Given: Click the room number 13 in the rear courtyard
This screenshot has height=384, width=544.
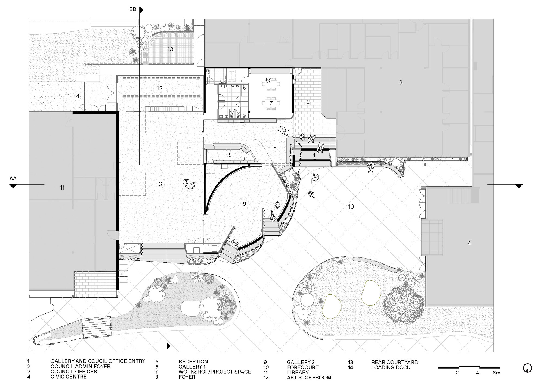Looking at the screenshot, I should tap(170, 49).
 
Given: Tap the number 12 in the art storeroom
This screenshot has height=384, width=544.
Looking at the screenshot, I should tap(159, 88).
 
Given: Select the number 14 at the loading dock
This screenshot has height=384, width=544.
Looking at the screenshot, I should tap(76, 96).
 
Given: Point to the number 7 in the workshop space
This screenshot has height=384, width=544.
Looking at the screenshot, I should tap(271, 103).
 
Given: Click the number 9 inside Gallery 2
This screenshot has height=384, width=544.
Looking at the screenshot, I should tap(245, 203).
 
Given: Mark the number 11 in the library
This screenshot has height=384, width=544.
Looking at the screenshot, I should tap(62, 188).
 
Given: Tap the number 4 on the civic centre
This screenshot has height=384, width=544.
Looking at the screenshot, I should tap(469, 243).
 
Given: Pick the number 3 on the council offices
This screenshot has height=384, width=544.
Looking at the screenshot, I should tap(401, 83).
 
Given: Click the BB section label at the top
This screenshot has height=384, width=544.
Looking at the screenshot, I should tap(133, 10).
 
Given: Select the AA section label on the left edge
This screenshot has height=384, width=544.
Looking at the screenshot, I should tap(13, 178).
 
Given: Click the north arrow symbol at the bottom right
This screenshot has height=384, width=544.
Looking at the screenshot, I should tap(528, 368).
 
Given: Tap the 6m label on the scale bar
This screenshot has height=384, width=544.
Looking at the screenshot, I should tap(496, 373).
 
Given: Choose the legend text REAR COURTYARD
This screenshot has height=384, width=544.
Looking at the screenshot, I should tap(395, 362).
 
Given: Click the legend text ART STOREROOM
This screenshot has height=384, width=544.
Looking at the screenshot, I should tap(309, 377).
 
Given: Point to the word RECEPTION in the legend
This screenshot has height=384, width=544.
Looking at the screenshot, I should tap(193, 361).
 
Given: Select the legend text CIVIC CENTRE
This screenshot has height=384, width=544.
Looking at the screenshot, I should tap(69, 377).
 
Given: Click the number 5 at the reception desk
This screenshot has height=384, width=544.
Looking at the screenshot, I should tap(230, 155).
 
